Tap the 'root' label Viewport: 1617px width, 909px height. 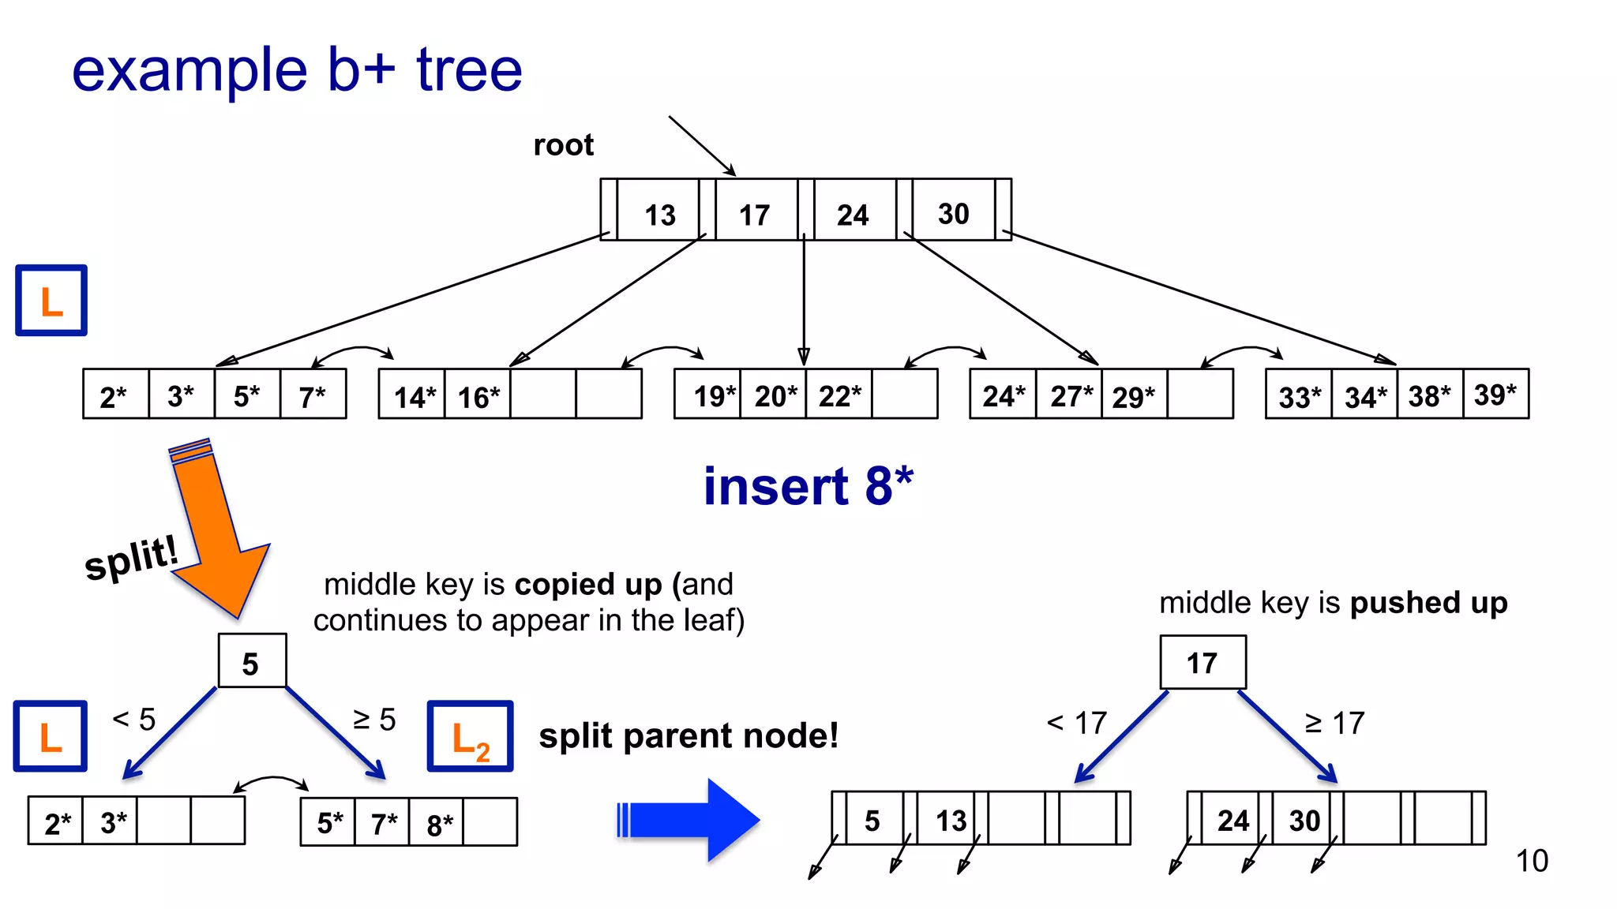coord(563,145)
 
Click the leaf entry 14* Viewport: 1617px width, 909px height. coord(414,397)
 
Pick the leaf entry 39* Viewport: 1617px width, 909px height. coord(1495,395)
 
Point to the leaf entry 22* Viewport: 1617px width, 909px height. coord(839,395)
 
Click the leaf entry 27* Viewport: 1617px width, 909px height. coord(1071,395)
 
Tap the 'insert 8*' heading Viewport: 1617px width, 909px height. coord(808,486)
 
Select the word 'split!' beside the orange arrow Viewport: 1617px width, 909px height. coord(131,557)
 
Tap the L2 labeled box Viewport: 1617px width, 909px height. coord(471,737)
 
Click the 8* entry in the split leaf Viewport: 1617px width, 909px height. coord(439,825)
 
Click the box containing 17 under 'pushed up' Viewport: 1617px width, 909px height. coord(1202,663)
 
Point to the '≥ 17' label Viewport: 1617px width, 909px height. coord(1334,723)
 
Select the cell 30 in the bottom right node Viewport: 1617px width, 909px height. coord(1304,821)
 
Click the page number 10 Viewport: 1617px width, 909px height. coord(1531,861)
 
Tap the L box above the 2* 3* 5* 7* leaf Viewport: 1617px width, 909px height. coord(51,301)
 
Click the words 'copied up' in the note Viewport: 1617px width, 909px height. coord(587,585)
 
